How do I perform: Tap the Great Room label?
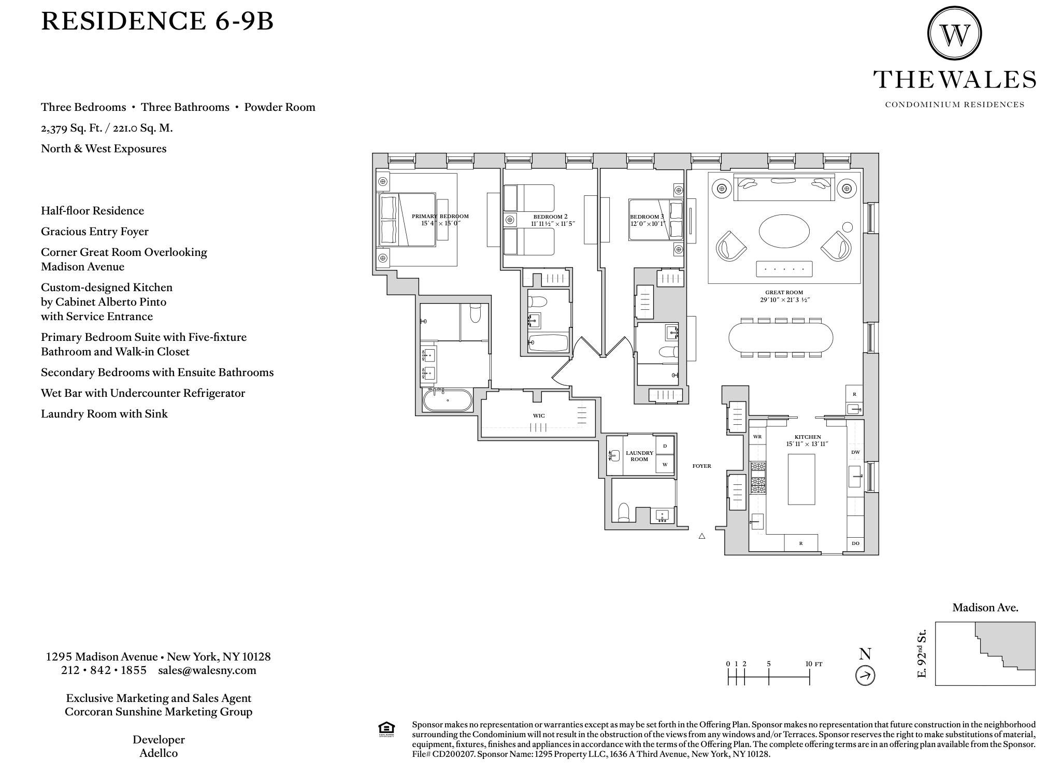[x=784, y=293]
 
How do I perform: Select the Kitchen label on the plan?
[x=808, y=437]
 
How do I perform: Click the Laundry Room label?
[x=639, y=456]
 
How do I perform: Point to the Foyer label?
[x=702, y=466]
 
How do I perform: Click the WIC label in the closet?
[x=539, y=416]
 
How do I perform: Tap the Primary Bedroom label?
[x=440, y=217]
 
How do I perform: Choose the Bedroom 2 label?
[x=551, y=217]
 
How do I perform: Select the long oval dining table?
[x=781, y=337]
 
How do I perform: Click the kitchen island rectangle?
[x=801, y=479]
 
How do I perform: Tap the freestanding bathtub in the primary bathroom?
[x=448, y=400]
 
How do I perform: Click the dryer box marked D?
[x=665, y=446]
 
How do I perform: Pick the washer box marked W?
[x=665, y=464]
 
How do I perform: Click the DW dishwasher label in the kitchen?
[x=855, y=452]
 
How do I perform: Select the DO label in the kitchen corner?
[x=855, y=543]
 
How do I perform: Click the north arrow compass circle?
[x=865, y=676]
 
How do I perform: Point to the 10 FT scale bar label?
[x=814, y=664]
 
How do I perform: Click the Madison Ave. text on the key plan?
[x=985, y=608]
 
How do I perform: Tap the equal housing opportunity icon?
[x=386, y=729]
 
